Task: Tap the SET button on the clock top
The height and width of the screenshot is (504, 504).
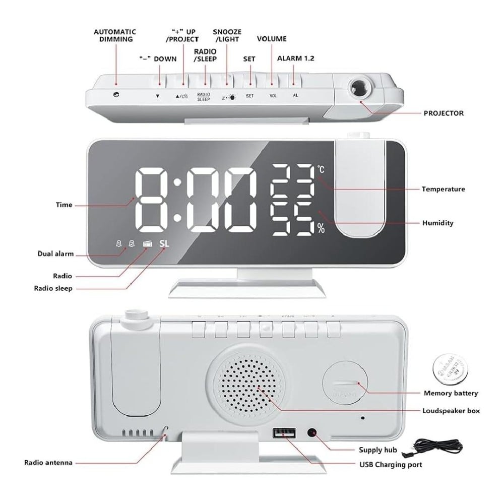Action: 250,81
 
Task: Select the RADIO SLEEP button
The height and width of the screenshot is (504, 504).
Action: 204,81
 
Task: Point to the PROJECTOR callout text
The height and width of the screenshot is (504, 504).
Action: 443,113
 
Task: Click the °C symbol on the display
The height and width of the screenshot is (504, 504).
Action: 321,170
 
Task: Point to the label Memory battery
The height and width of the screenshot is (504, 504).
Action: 451,393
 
